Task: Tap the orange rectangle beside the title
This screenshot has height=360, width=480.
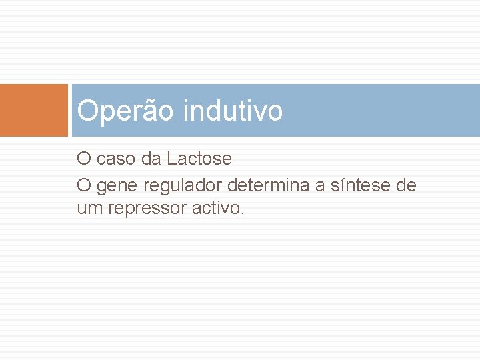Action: coord(34,111)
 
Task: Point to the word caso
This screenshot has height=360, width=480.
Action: coord(115,159)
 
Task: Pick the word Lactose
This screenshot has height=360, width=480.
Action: coord(199,159)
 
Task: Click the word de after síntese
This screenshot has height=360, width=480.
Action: coord(406,185)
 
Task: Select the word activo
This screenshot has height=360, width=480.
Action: coord(217,209)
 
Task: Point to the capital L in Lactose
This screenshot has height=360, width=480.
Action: coord(171,159)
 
